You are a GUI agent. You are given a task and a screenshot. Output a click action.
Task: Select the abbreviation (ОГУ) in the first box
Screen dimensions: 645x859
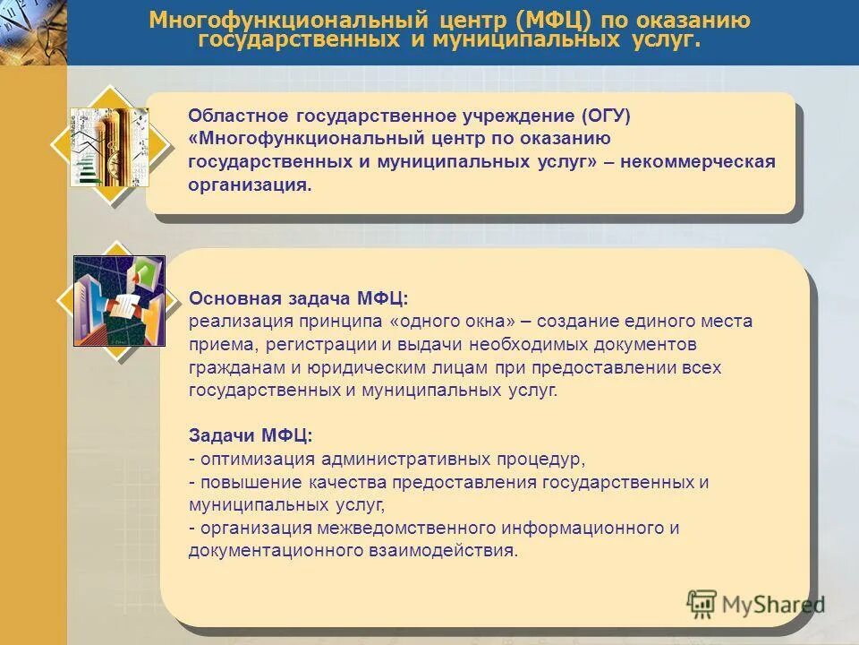pos(607,116)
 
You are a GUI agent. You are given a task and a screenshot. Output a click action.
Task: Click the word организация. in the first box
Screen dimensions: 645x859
pos(250,185)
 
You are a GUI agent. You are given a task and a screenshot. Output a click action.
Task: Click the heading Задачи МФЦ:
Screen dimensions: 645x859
pos(251,435)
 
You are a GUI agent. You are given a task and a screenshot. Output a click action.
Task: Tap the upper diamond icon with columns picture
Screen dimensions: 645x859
pos(109,146)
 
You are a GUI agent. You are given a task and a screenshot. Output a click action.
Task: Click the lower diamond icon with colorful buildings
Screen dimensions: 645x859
pos(119,301)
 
